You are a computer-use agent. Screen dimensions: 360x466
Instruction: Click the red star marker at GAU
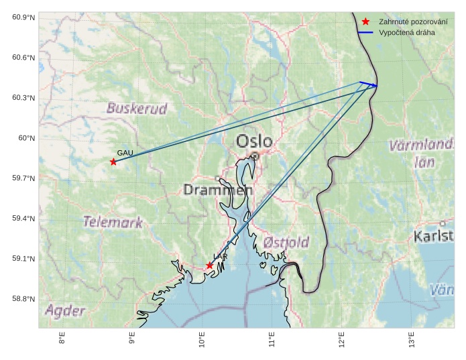[x=113, y=162]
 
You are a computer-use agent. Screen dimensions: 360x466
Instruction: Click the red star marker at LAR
[x=210, y=265]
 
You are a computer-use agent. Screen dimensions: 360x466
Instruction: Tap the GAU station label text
[x=125, y=154]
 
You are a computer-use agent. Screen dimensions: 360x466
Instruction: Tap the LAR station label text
[x=220, y=257]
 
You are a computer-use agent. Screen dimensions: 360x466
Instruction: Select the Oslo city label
[x=254, y=141]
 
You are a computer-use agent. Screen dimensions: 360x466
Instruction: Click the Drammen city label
[x=218, y=190]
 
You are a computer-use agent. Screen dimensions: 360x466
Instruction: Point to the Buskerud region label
[x=137, y=109]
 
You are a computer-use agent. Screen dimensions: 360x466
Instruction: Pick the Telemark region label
[x=113, y=222]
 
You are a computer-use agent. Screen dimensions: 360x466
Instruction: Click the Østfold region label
[x=286, y=242]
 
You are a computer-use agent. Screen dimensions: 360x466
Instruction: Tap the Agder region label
[x=65, y=310]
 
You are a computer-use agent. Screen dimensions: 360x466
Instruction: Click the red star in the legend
[x=365, y=21]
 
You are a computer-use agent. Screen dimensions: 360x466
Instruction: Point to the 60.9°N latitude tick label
[x=23, y=17]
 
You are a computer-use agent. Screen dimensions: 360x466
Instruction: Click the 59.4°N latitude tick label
[x=23, y=219]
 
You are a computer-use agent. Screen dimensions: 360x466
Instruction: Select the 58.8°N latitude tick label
[x=23, y=299]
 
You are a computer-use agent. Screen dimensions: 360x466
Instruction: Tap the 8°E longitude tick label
[x=62, y=339]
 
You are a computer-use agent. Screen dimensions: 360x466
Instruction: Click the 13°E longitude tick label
[x=411, y=339]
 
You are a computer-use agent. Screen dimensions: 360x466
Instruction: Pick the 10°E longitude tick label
[x=202, y=339]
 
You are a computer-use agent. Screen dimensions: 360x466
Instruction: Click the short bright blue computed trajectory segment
[x=368, y=84]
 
